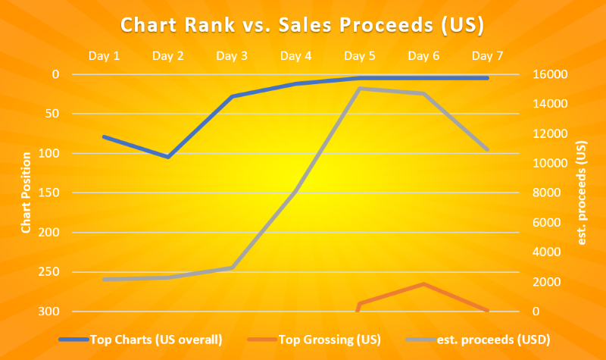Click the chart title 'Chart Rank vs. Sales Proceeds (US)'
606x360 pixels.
302,25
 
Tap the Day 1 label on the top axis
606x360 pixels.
104,55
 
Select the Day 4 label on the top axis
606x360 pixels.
295,55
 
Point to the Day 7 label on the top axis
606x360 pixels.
487,55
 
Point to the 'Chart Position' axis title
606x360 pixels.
27,193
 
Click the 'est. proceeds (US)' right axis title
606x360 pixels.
582,193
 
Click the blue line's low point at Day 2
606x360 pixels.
168,157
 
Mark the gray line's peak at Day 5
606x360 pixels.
359,89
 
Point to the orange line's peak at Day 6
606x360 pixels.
423,284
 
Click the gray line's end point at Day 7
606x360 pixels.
487,149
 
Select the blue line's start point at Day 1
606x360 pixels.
104,136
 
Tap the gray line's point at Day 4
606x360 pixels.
295,193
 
